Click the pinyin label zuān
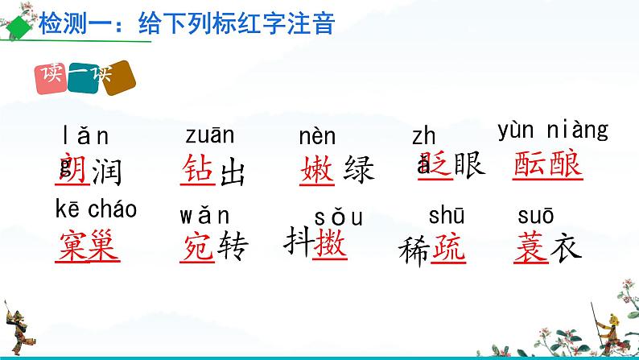(x=209, y=138)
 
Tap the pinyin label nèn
(x=317, y=138)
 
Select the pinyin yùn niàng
(x=553, y=130)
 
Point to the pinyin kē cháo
(x=97, y=210)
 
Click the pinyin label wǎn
(x=204, y=216)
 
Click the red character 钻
(x=197, y=170)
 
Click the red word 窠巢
(x=89, y=245)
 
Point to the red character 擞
(x=331, y=242)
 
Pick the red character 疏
(x=448, y=251)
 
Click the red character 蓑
(x=530, y=249)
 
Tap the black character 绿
(x=359, y=170)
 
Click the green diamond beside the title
(x=16, y=25)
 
